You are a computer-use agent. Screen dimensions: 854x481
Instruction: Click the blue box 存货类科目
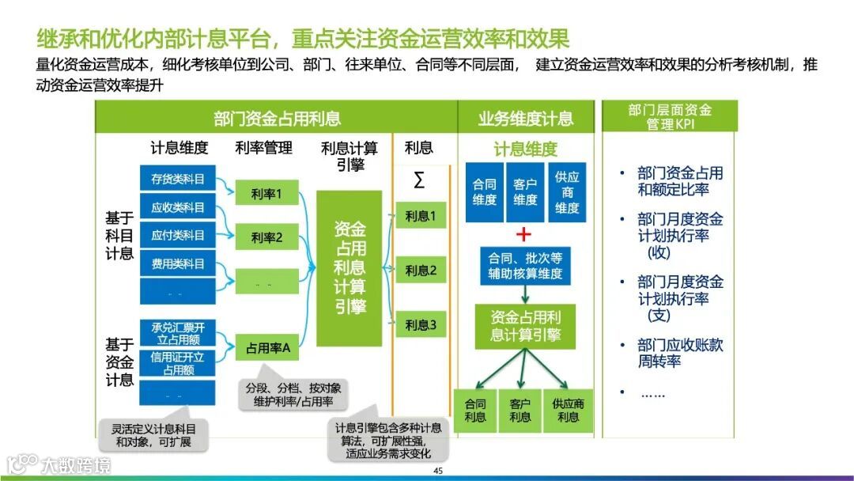click(x=177, y=179)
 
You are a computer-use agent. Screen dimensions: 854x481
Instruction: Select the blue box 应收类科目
click(x=177, y=207)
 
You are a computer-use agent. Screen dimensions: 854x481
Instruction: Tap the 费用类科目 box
click(x=177, y=263)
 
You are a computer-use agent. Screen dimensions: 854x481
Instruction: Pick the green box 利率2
click(x=266, y=237)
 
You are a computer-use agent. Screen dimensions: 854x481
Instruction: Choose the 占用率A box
click(x=267, y=347)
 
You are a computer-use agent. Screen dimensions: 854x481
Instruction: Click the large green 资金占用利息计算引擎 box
click(x=349, y=268)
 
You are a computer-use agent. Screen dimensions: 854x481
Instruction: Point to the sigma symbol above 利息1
click(x=418, y=180)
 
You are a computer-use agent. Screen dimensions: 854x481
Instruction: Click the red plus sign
click(x=523, y=234)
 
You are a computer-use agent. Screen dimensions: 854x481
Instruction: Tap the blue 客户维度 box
click(x=525, y=192)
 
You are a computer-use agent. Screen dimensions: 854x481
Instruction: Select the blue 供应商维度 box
click(x=567, y=192)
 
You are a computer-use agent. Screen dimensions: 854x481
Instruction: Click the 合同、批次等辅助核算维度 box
click(x=524, y=266)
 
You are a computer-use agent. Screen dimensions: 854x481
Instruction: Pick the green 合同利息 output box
click(x=475, y=411)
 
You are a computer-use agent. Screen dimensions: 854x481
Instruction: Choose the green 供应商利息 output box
click(x=568, y=411)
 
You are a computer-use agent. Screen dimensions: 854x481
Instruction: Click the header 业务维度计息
click(x=525, y=119)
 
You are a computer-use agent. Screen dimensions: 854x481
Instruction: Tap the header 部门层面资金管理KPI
click(x=669, y=117)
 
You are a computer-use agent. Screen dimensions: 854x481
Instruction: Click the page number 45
click(x=437, y=471)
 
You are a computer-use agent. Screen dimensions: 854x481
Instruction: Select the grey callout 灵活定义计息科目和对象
click(x=153, y=435)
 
